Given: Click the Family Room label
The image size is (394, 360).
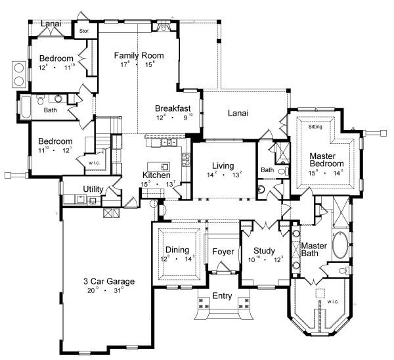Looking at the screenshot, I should point(139,55).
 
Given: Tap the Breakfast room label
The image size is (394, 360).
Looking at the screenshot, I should point(173,108).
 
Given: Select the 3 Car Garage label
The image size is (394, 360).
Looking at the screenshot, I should point(109,281).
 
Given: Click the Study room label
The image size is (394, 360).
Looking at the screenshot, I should point(263,250).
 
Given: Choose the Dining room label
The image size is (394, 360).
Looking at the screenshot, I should point(177,250).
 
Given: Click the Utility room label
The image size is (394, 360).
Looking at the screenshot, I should point(93,189).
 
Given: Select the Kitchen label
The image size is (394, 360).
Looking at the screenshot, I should point(157,176).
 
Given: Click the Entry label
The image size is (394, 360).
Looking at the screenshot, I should point(221,296).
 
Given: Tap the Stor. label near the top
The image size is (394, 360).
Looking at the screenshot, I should point(83,30).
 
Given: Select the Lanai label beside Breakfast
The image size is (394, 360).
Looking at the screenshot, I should point(238,113).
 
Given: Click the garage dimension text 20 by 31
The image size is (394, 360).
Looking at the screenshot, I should point(108,290).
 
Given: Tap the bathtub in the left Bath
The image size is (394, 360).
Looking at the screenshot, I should point(26,105).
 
